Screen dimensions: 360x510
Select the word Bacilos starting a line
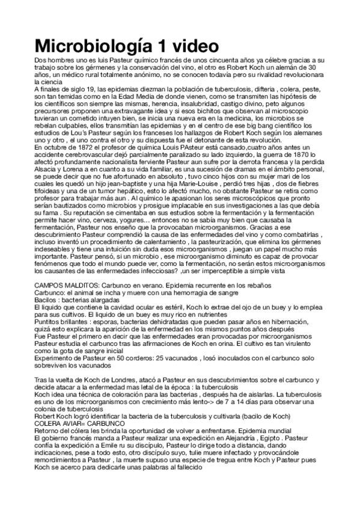[x=47, y=299]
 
